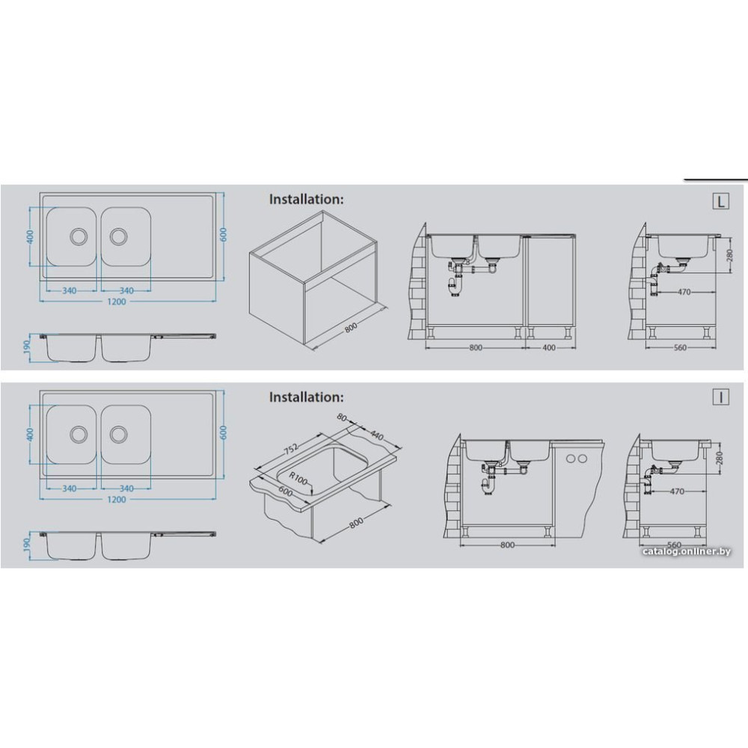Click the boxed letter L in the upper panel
[720, 201]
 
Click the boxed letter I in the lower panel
[720, 397]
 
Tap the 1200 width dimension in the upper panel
[117, 302]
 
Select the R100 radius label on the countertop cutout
[298, 479]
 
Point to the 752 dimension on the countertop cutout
[291, 448]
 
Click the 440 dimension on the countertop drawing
[377, 435]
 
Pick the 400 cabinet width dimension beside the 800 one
[549, 348]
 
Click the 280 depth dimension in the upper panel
[729, 256]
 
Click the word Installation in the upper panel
[305, 200]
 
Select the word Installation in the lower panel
[305, 397]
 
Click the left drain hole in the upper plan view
[79, 236]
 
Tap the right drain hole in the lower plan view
[118, 434]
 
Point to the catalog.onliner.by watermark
[687, 551]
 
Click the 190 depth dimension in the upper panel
[27, 345]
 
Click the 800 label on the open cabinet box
[351, 328]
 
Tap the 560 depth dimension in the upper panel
[680, 348]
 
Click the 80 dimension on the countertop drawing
[342, 417]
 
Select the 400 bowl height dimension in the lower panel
[30, 434]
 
